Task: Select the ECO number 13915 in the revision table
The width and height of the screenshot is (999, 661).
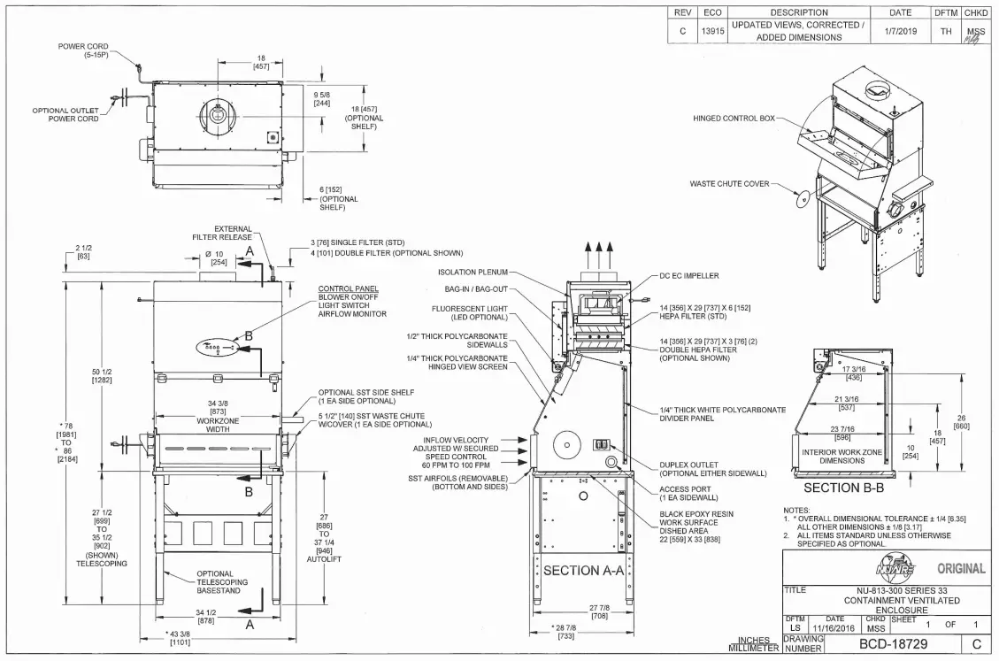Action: pos(712,31)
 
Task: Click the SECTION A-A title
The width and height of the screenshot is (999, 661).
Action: pos(583,571)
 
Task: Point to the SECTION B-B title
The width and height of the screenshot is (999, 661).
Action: pos(843,487)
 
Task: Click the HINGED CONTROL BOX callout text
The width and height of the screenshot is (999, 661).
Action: pos(734,119)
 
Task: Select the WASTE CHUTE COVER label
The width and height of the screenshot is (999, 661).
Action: pos(729,184)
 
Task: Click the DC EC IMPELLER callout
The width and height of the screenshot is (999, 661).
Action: pos(689,276)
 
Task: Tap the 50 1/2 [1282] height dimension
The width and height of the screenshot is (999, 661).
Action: pos(101,374)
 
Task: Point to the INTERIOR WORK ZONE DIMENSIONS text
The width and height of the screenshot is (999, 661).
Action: pos(841,456)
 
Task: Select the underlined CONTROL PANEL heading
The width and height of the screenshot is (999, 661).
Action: pos(348,288)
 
